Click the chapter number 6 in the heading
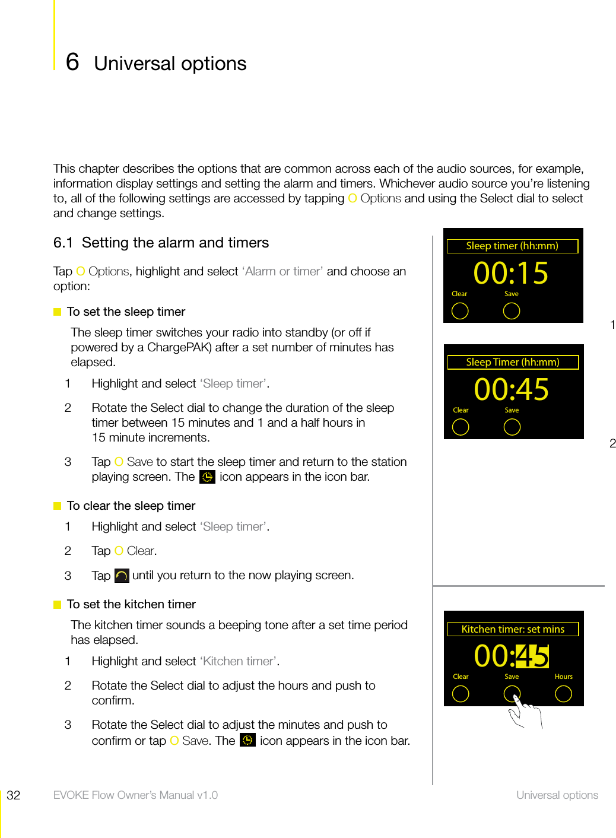coord(72,62)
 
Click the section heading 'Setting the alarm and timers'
coord(175,243)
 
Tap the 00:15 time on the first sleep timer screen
coord(511,274)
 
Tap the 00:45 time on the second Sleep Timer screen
coord(512,390)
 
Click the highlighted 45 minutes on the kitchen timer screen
coord(532,656)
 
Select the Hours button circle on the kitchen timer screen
coord(563,694)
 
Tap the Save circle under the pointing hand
coord(512,693)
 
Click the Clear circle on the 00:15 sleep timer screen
coord(460,311)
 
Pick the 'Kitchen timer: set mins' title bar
coord(513,629)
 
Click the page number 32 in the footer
coord(14,795)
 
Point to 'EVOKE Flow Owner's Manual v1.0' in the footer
coord(135,795)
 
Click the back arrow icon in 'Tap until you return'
coord(122,576)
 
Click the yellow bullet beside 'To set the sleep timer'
coord(58,312)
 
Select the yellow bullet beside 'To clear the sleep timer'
coord(58,506)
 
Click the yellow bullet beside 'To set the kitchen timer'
coord(58,604)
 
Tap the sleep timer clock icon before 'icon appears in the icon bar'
coord(207,477)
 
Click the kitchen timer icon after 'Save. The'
coord(247,740)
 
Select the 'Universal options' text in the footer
coord(557,795)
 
